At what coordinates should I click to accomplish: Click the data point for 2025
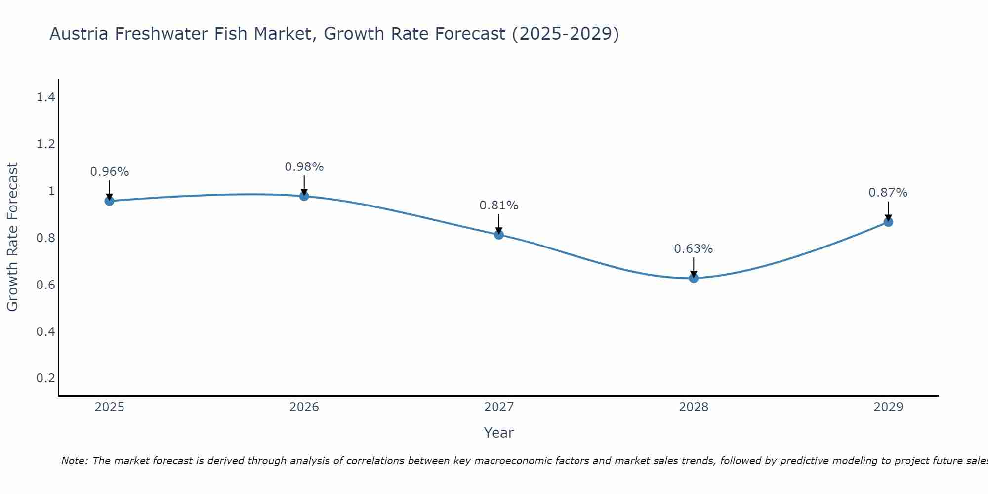[x=109, y=201]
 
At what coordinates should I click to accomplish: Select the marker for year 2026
[x=304, y=196]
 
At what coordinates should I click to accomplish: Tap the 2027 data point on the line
[x=499, y=235]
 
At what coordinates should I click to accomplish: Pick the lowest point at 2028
[x=694, y=278]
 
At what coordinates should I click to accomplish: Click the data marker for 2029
[x=888, y=222]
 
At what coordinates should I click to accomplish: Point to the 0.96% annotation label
[x=109, y=172]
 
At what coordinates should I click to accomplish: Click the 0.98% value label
[x=304, y=167]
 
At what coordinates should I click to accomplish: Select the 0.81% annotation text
[x=499, y=206]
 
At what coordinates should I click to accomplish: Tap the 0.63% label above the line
[x=694, y=249]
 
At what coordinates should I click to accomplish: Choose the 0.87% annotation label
[x=888, y=193]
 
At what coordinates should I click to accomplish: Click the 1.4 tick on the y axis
[x=45, y=97]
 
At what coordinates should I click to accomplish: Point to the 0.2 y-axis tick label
[x=45, y=378]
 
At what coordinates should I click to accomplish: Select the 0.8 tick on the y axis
[x=45, y=238]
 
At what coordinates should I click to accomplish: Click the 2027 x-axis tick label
[x=499, y=407]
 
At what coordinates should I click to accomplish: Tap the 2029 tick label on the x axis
[x=888, y=407]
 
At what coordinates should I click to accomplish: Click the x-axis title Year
[x=499, y=433]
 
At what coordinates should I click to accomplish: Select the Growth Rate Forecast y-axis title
[x=13, y=237]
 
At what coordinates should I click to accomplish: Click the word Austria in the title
[x=80, y=34]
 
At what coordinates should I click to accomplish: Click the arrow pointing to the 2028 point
[x=694, y=267]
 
